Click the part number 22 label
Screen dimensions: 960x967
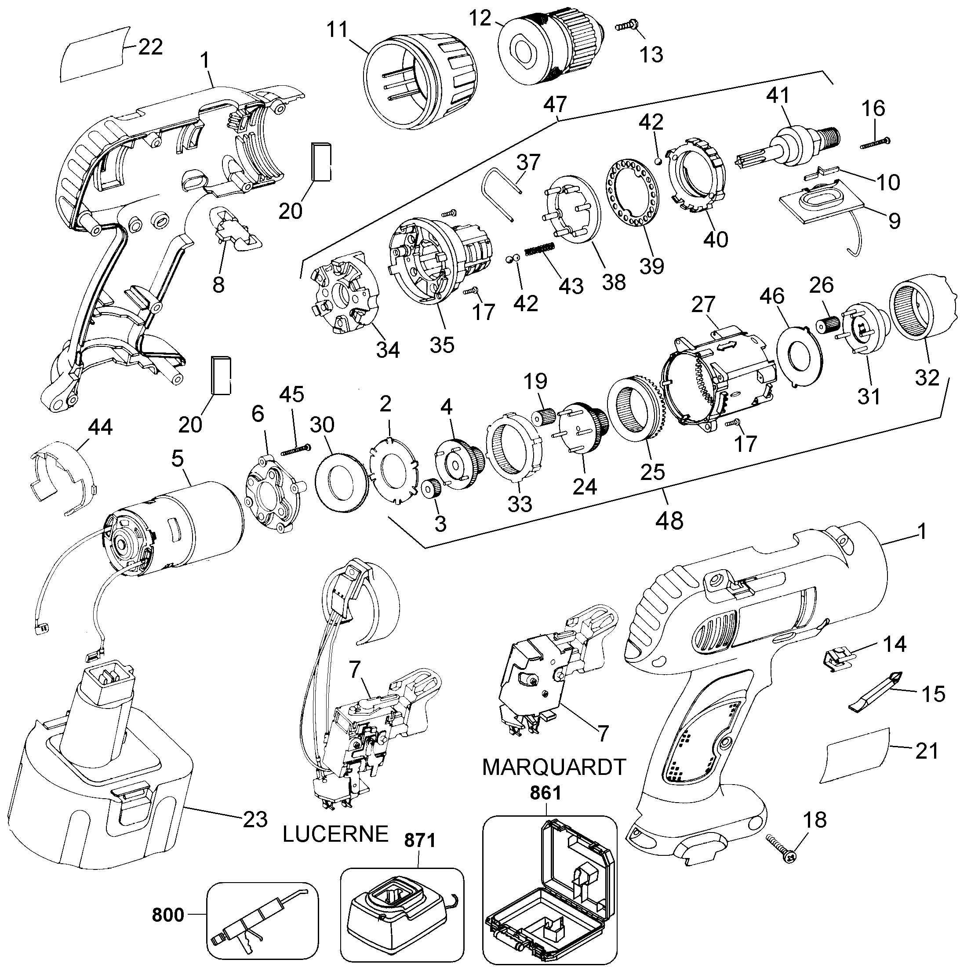[150, 47]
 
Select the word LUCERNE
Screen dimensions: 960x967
[335, 834]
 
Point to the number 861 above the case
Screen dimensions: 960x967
[546, 793]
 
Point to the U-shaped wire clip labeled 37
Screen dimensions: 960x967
[501, 193]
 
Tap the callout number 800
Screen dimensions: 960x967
[168, 915]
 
